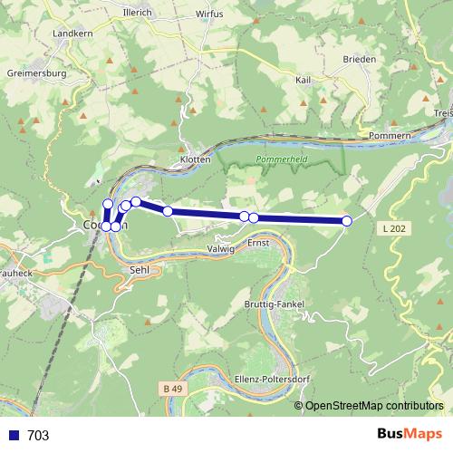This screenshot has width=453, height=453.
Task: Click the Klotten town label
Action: pos(196,159)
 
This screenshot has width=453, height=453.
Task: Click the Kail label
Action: pos(304,80)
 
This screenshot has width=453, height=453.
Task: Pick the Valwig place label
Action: pos(221,247)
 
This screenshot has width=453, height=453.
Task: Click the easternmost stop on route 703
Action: pos(346,221)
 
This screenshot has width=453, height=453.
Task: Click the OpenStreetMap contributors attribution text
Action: pos(374,406)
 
